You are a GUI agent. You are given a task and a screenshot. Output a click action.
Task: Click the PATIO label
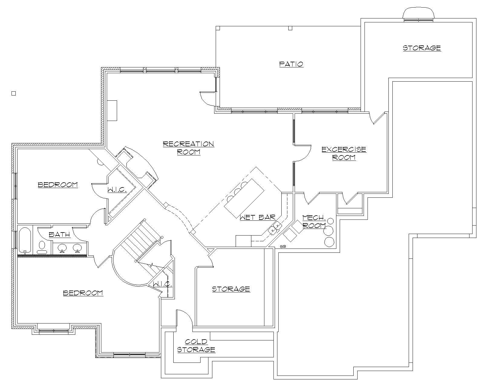pos(291,64)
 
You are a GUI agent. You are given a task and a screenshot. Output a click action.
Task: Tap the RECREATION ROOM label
pos(188,148)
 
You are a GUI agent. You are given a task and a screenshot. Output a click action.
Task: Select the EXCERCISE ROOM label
pos(344,153)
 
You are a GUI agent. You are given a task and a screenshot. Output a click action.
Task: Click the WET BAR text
pos(257,217)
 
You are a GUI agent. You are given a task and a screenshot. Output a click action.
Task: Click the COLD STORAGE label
pos(196,346)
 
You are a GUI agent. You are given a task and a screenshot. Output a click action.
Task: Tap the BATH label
pos(59,234)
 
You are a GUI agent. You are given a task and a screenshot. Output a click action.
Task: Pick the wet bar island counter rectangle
pos(244,198)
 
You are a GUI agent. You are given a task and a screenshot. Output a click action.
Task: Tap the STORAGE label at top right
pos(422,48)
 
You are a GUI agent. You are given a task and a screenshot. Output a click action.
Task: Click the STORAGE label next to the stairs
pos(231,289)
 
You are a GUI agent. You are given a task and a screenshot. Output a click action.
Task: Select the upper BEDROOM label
pos(58,185)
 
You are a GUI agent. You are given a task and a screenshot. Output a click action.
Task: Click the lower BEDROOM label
pos(83,293)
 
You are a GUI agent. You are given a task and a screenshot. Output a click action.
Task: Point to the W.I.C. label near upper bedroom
pos(117,190)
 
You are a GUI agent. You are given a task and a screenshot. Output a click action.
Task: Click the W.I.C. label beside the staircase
pos(162,284)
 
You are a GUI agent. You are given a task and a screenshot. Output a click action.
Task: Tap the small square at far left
pos(14,93)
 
